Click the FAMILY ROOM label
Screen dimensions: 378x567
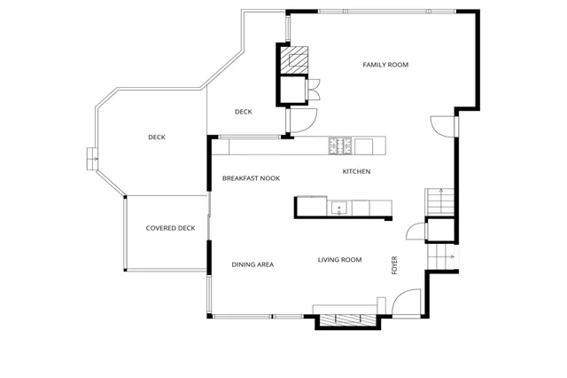[x=385, y=65]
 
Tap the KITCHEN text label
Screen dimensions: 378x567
[x=356, y=171]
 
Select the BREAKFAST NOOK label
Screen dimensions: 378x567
[x=251, y=178]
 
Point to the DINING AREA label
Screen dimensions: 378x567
[x=252, y=264]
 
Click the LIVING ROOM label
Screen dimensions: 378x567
[x=340, y=260]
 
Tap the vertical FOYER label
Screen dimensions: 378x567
[x=395, y=265]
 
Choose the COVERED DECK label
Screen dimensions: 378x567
[x=170, y=228]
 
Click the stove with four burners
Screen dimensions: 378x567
[x=340, y=143]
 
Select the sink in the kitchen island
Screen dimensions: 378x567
[x=338, y=209]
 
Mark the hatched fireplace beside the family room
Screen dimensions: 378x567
[x=296, y=59]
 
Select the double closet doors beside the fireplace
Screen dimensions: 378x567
[x=314, y=90]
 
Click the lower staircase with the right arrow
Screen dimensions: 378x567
[x=441, y=257]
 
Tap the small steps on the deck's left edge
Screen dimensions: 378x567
[x=89, y=158]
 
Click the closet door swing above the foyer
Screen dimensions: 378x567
[x=415, y=232]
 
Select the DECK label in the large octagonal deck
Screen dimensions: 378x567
[x=157, y=137]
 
